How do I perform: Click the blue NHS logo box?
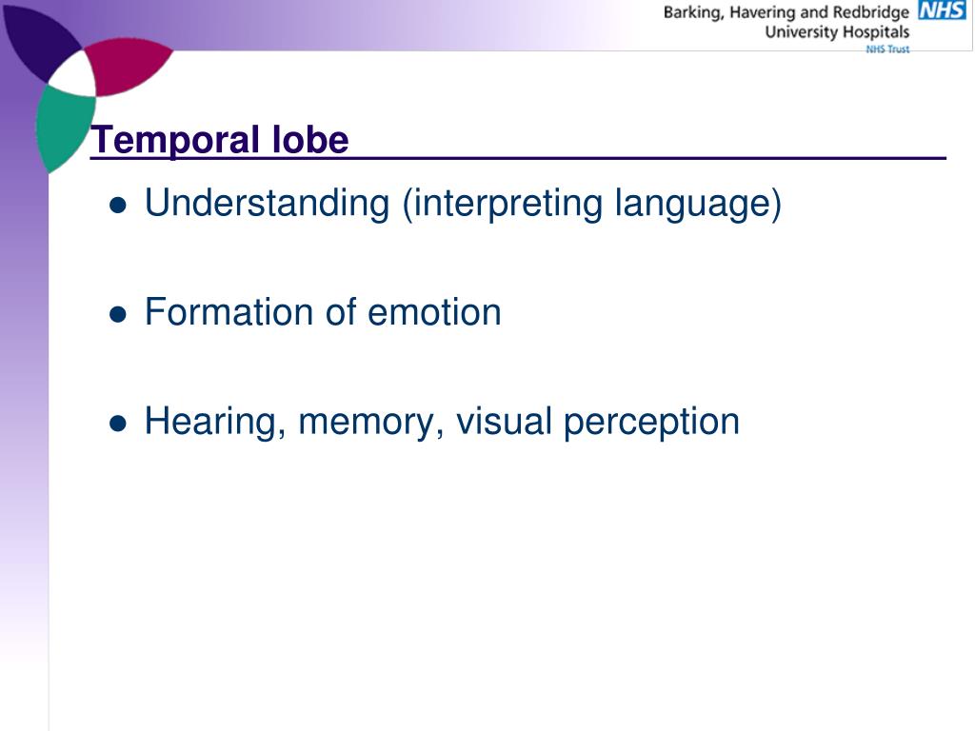(942, 10)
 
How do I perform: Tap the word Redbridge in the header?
(870, 12)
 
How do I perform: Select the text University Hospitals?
(837, 31)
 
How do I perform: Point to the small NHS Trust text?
(886, 49)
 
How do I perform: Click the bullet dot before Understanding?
(118, 205)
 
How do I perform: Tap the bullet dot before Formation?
(118, 314)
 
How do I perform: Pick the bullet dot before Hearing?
(118, 423)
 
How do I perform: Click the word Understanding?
(268, 204)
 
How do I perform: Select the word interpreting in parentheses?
(504, 204)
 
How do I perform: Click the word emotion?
(434, 312)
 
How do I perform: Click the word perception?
(651, 422)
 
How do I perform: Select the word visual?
(504, 421)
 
